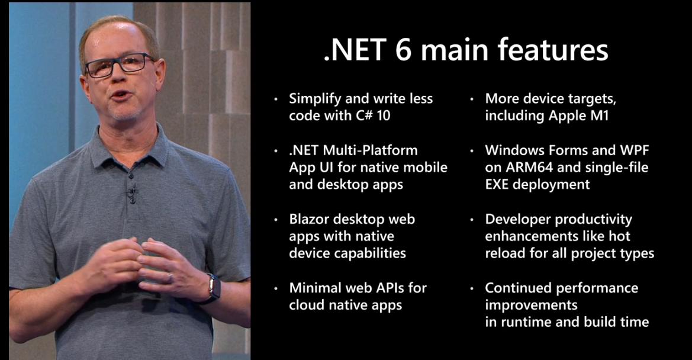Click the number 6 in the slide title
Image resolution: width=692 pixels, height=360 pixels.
[403, 49]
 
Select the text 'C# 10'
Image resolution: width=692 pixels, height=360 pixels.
[373, 115]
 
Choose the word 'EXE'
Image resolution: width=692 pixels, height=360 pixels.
[497, 184]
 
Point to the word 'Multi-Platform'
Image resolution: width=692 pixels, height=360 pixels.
[370, 150]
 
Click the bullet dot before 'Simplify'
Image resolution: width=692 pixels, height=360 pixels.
[276, 99]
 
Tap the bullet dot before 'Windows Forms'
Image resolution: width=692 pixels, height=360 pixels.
[472, 151]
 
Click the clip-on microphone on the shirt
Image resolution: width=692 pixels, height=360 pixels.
[131, 193]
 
